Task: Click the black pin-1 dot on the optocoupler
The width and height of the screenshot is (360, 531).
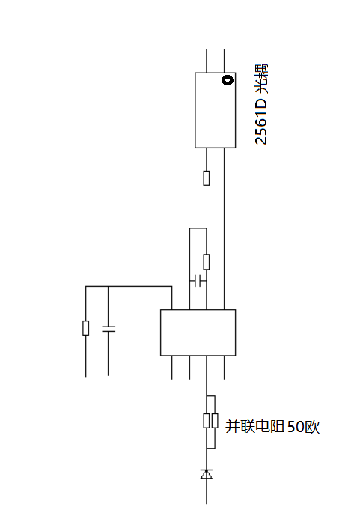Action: [x=228, y=80]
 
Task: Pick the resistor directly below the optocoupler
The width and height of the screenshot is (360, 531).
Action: [x=207, y=178]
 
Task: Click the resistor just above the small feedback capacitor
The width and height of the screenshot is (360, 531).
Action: [x=207, y=262]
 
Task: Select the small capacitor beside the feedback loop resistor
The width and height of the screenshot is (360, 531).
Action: [x=198, y=281]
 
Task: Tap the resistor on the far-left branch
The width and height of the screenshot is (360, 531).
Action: [x=86, y=328]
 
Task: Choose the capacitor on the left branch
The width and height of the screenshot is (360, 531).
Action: [x=109, y=329]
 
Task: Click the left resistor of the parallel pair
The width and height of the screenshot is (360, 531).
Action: [x=207, y=421]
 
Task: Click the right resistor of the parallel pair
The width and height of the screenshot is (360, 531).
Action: [x=215, y=421]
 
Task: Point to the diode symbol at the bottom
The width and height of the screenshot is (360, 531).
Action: [x=207, y=474]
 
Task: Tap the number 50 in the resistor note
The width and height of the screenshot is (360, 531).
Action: [x=296, y=427]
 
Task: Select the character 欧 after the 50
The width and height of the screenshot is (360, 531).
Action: [x=312, y=427]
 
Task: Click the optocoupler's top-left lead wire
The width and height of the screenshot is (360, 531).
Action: [x=207, y=61]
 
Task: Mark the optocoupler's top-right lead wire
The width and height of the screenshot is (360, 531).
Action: [x=224, y=61]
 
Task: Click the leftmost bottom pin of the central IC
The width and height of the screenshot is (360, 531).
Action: [x=172, y=368]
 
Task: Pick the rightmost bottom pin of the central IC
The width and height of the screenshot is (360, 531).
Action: [x=224, y=368]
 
